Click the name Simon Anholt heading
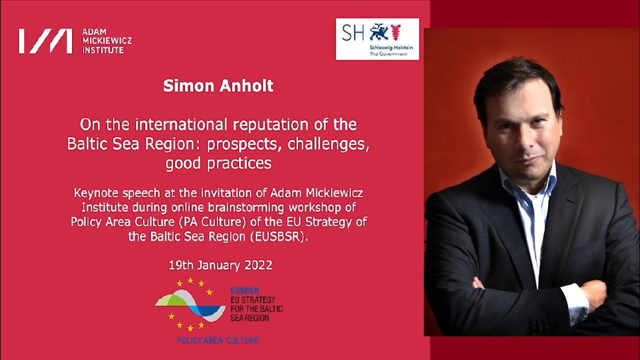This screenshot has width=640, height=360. pyautogui.click(x=218, y=85)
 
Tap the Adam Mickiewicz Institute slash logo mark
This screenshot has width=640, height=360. pyautogui.click(x=45, y=41)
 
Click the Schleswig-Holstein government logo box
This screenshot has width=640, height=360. pyautogui.click(x=377, y=39)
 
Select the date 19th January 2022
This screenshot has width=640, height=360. pyautogui.click(x=220, y=265)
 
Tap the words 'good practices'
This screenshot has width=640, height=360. pyautogui.click(x=218, y=163)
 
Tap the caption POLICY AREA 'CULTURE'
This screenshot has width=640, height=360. pyautogui.click(x=218, y=340)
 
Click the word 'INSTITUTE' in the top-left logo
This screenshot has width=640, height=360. pyautogui.click(x=103, y=50)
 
